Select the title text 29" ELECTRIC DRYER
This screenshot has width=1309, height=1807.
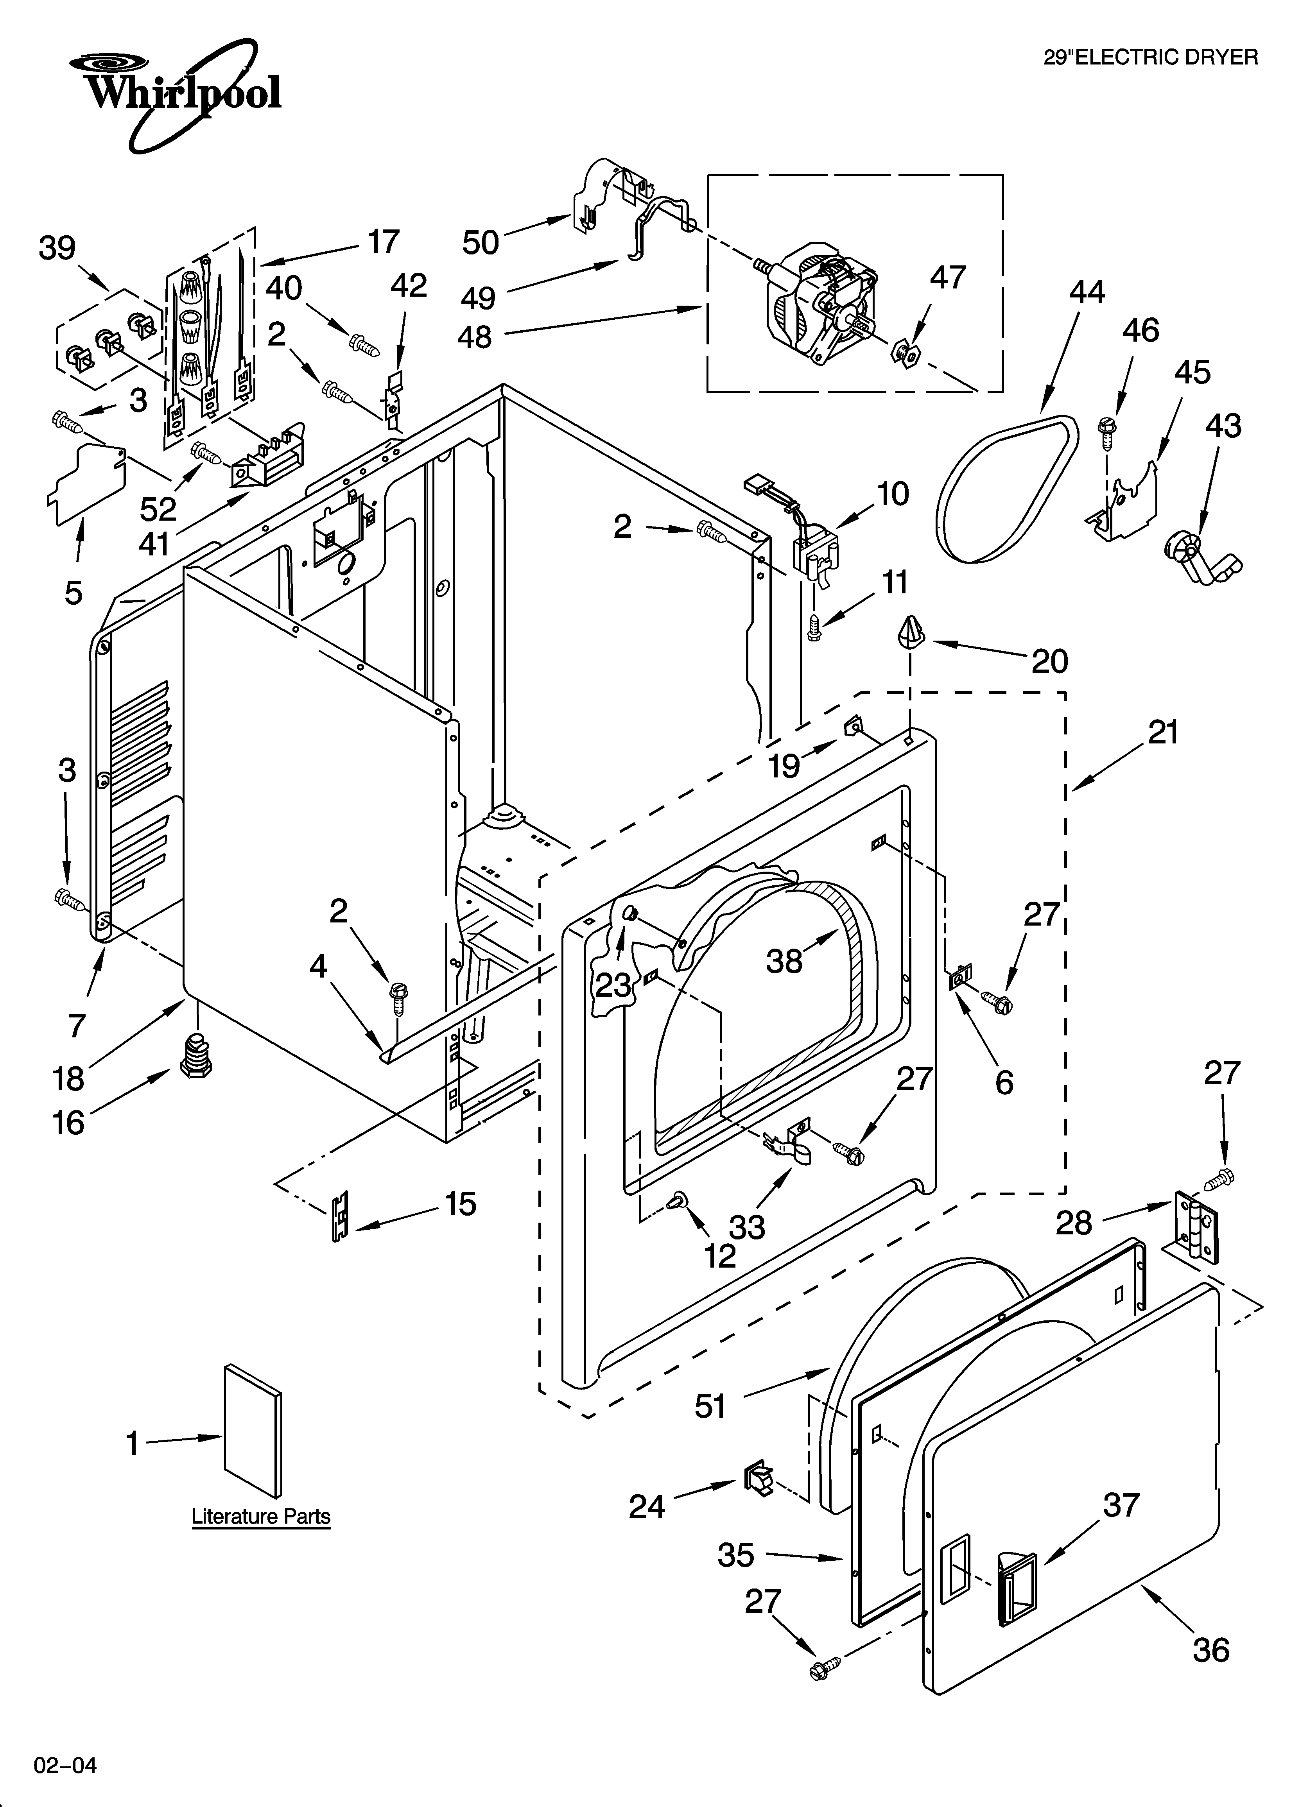pyautogui.click(x=1150, y=57)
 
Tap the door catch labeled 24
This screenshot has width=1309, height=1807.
pyautogui.click(x=758, y=1478)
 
